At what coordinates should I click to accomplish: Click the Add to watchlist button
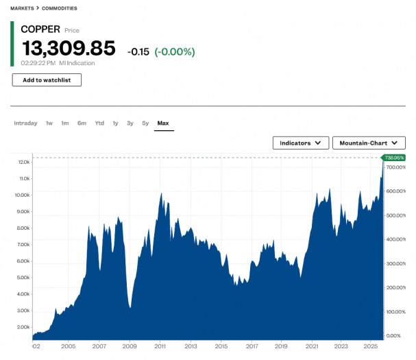click(47, 80)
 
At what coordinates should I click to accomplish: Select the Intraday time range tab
click(25, 123)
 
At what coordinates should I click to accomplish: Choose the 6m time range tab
click(82, 123)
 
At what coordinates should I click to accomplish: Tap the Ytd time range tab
click(99, 123)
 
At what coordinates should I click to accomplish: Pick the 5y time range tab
click(145, 123)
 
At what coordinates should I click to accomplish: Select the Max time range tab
click(163, 123)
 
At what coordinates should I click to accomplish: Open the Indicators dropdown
click(301, 143)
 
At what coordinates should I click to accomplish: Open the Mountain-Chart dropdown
click(369, 143)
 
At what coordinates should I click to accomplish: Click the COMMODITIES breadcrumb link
click(60, 8)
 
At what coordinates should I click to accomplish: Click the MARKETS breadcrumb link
click(22, 8)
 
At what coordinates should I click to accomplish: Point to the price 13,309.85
click(69, 49)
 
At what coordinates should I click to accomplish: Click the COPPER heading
click(40, 29)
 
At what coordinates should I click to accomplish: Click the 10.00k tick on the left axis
click(22, 195)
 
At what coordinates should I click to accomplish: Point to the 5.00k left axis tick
click(22, 278)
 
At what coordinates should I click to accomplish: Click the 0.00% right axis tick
click(393, 335)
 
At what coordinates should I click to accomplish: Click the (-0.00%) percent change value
click(174, 51)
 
